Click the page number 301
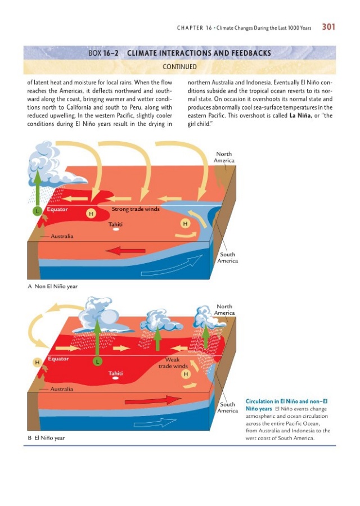328,27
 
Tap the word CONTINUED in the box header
179,67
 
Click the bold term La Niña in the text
300,115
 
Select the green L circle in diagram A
37,211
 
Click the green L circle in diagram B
97,361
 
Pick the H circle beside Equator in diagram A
91,213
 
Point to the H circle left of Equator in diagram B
37,363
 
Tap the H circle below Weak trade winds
186,374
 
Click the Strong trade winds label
136,209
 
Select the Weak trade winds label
173,363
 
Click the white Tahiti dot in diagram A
115,229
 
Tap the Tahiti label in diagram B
115,373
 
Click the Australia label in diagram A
62,236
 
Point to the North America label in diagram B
224,309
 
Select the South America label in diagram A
228,257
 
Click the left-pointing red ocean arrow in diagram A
125,250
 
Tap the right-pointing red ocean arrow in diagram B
153,400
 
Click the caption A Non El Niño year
53,286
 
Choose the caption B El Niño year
46,438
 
